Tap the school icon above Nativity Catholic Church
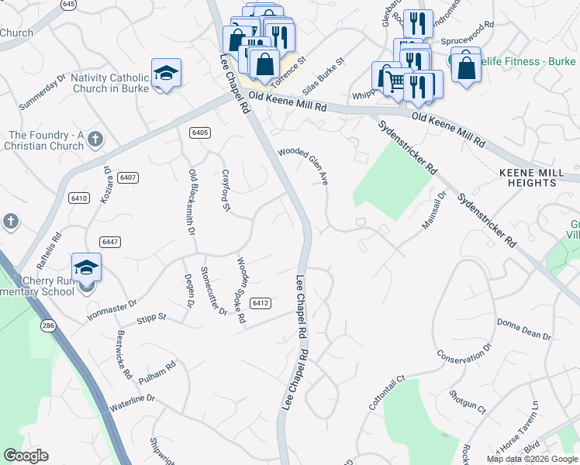tap(166, 73)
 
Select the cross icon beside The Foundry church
tap(95, 139)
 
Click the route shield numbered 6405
tap(199, 133)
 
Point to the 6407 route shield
tap(129, 177)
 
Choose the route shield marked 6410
tap(78, 198)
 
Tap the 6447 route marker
tap(109, 242)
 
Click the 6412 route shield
tap(261, 302)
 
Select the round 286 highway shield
tap(49, 325)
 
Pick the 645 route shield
tap(69, 5)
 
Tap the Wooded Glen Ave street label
tap(303, 165)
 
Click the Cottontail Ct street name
tap(386, 394)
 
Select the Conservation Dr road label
tap(464, 356)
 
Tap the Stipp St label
tap(150, 317)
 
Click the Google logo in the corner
tap(26, 456)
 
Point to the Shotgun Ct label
tap(466, 401)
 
